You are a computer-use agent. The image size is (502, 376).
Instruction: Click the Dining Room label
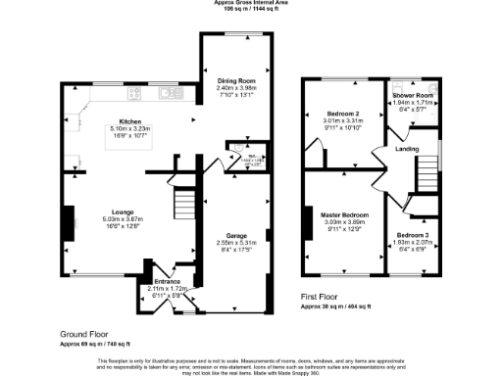pyautogui.click(x=235, y=79)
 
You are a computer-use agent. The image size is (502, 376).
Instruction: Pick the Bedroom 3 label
pyautogui.click(x=413, y=236)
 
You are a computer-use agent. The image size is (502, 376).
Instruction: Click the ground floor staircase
pyautogui.click(x=185, y=206)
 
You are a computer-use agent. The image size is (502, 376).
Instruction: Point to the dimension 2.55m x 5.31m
pyautogui.click(x=235, y=243)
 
